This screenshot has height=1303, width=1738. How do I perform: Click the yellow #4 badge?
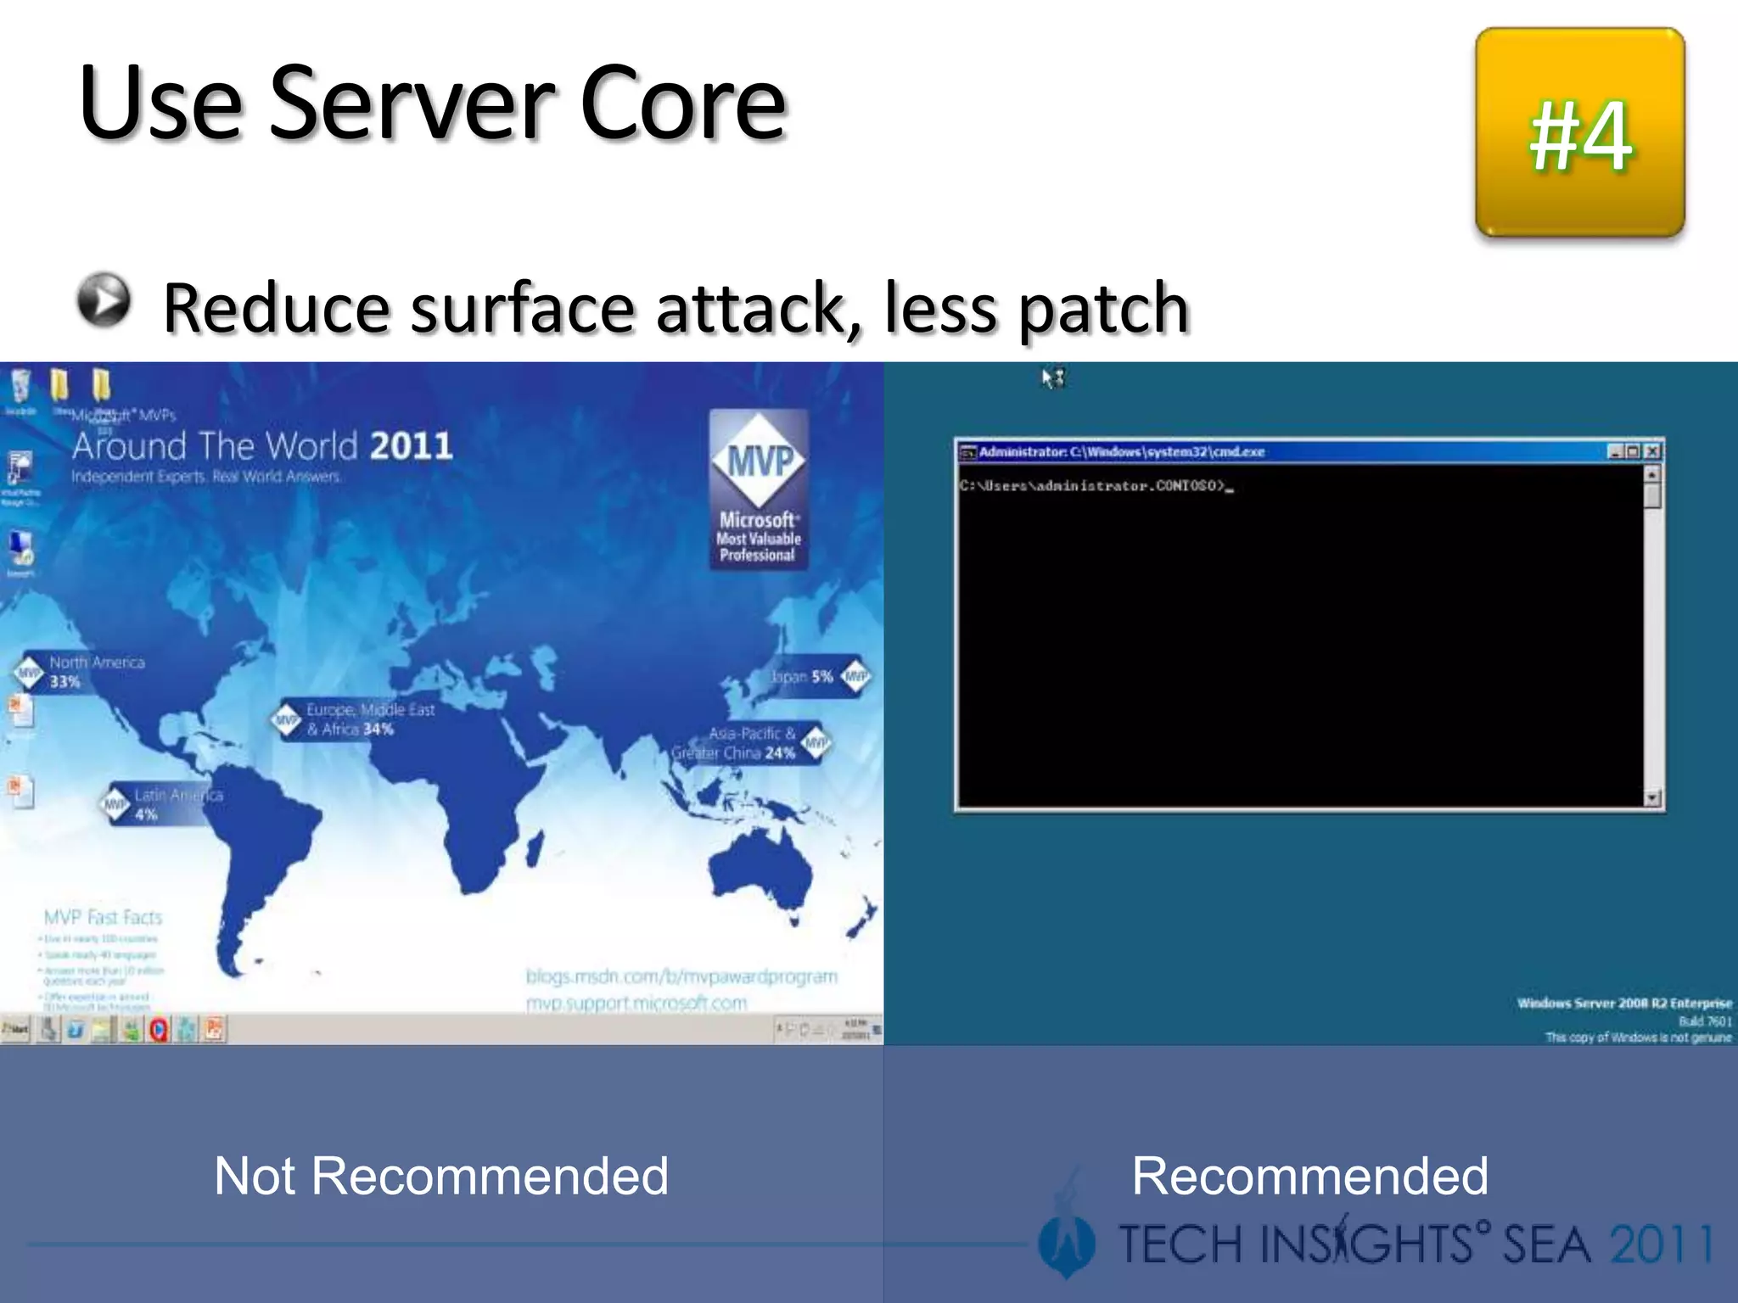[1579, 133]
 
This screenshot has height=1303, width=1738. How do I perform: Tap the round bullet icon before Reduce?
[104, 300]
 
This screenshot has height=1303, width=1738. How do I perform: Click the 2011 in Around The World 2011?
[411, 446]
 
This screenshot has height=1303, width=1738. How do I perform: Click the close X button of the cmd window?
[1651, 451]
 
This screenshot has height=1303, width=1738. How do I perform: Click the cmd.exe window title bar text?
[1121, 451]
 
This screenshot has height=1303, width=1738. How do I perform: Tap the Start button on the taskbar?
[15, 1029]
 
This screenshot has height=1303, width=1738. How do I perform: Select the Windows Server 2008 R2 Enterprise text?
[1623, 1004]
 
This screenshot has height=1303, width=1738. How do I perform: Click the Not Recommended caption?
[441, 1176]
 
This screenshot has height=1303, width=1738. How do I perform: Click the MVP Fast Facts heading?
[103, 917]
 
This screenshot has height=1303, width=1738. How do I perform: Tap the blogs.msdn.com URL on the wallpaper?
[681, 976]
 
